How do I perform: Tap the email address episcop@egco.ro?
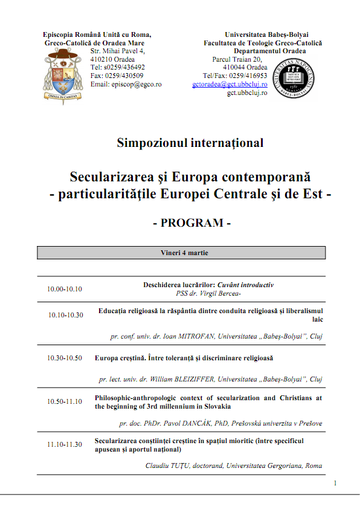[126, 85]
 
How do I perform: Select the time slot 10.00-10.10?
[65, 289]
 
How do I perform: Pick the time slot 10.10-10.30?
[66, 315]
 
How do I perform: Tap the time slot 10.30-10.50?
[65, 358]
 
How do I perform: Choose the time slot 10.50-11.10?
[65, 401]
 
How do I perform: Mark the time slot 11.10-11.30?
[65, 444]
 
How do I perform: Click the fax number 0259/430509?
[125, 76]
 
